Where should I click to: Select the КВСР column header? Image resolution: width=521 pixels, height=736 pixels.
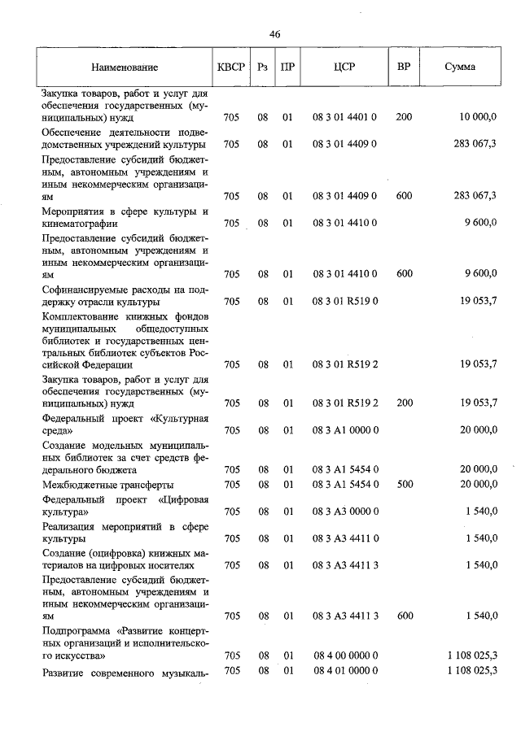coord(230,68)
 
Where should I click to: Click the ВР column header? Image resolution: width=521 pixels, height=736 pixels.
coord(403,68)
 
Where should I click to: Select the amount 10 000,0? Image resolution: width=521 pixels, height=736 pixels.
coord(478,118)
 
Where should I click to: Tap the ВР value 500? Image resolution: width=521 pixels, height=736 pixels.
coord(404,484)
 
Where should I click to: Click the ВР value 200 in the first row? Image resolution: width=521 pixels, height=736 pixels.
coord(404,118)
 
